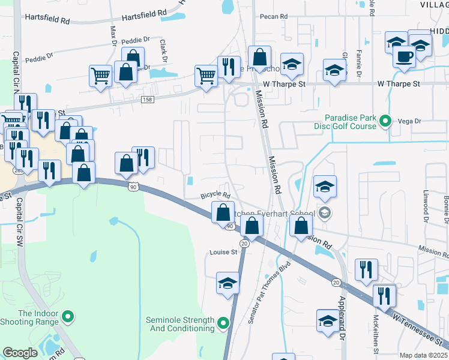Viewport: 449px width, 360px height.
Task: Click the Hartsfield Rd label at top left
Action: coord(47,20)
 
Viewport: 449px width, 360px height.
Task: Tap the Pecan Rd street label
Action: coord(274,17)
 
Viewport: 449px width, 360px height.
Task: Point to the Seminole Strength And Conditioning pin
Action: coord(224,324)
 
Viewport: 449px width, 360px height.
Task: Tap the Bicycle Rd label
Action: coord(215,196)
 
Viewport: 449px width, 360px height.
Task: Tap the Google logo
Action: coord(19,353)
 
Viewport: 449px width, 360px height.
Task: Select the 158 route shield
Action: coord(147,98)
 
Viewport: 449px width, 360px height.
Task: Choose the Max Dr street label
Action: coord(113,35)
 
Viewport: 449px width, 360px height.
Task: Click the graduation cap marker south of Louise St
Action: coord(228,283)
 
